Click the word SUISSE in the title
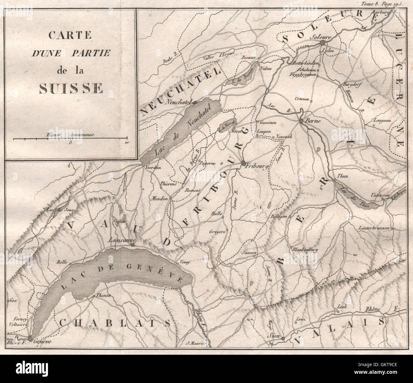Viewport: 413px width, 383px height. (71, 88)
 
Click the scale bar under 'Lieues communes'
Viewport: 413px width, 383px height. (70, 139)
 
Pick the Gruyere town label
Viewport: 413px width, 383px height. (217, 232)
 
